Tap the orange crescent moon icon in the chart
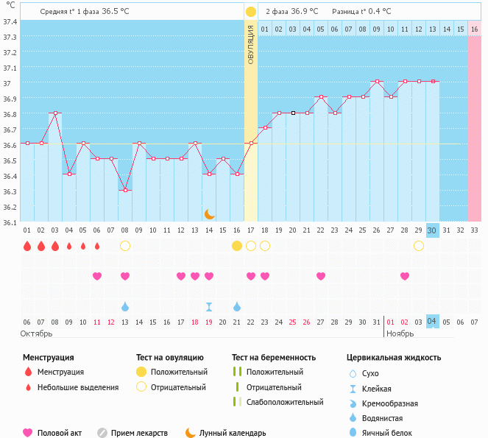210,213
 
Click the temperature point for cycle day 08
125,190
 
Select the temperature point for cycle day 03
55,113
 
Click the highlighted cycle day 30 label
432,230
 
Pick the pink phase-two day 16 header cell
474,29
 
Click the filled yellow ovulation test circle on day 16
237,246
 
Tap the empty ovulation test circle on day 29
419,246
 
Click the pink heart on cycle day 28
405,276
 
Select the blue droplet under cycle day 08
125,306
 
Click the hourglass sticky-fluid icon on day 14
209,306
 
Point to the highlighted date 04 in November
432,322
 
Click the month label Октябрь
36,333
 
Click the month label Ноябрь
401,333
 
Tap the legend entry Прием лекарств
139,433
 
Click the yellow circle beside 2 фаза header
251,12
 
